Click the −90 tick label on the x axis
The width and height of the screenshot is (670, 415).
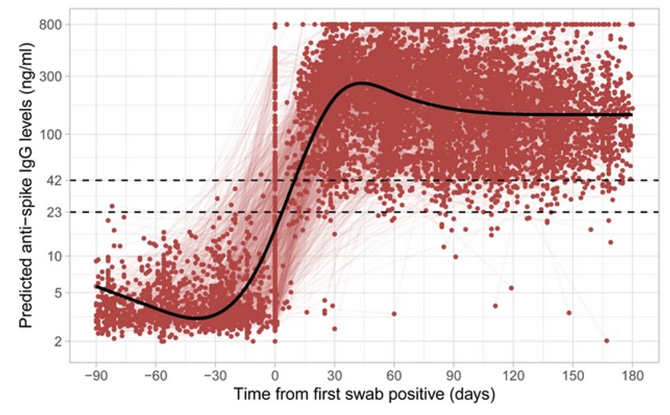click(x=95, y=376)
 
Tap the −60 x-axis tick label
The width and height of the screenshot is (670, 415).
click(x=155, y=376)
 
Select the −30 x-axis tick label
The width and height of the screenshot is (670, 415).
click(x=214, y=376)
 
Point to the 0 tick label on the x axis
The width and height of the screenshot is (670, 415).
click(x=275, y=376)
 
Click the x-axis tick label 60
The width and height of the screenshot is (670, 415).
click(x=394, y=376)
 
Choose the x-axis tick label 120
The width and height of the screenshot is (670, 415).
click(x=513, y=376)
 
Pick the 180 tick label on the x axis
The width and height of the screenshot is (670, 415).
click(x=632, y=376)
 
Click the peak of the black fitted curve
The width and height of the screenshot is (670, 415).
click(x=361, y=82)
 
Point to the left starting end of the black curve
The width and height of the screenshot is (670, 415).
click(x=96, y=286)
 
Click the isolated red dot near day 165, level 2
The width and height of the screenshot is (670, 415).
click(x=606, y=341)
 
